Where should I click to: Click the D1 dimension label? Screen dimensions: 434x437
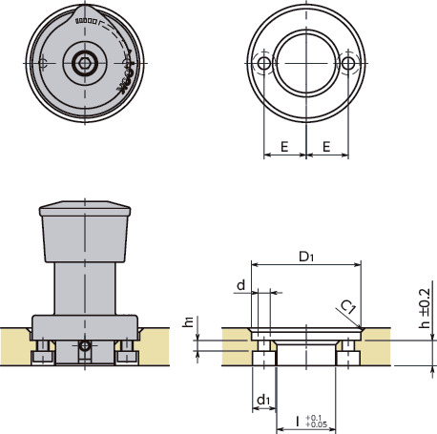[x=305, y=257]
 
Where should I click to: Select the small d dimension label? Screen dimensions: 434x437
[x=240, y=283]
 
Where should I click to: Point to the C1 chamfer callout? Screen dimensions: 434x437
[x=349, y=306]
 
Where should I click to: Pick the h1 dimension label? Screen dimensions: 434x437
[x=188, y=322]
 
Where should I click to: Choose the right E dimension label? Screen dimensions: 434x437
[x=326, y=149]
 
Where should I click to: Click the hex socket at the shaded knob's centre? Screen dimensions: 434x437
[x=85, y=63]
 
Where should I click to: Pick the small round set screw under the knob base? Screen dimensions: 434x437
[x=85, y=344]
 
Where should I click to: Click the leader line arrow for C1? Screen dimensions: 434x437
[x=362, y=327]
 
